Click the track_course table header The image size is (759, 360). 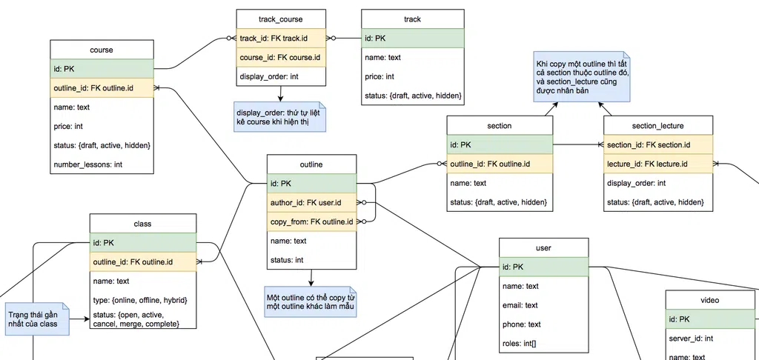click(x=280, y=19)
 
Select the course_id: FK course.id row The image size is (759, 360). click(x=280, y=57)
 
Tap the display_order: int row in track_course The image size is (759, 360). click(x=280, y=76)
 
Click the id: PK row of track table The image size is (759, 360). click(x=412, y=38)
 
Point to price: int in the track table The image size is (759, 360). click(x=412, y=76)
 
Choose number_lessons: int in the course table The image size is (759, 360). click(x=102, y=164)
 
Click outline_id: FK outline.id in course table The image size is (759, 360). click(x=102, y=88)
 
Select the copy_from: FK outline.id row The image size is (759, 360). click(x=311, y=221)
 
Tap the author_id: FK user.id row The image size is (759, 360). click(x=311, y=202)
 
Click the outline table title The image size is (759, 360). click(x=311, y=164)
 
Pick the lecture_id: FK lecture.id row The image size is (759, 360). click(x=657, y=164)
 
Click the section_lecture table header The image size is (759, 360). click(x=657, y=125)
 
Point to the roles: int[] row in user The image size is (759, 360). click(x=543, y=343)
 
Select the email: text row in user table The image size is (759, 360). click(x=543, y=304)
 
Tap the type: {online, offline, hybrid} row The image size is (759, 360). click(x=143, y=300)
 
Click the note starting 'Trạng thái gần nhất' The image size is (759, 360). click(x=35, y=319)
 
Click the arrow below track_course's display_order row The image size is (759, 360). click(x=280, y=93)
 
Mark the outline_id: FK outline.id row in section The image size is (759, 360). click(x=500, y=164)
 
